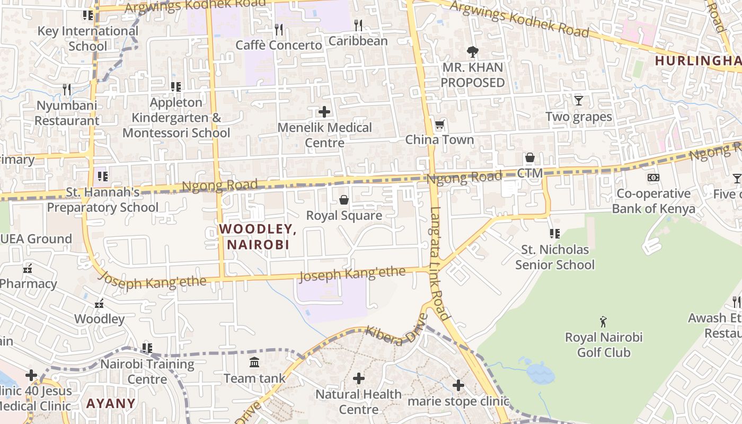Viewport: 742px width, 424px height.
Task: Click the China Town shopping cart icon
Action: click(439, 125)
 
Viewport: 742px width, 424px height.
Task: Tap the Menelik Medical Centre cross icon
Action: click(324, 112)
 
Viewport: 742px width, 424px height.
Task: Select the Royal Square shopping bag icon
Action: click(344, 200)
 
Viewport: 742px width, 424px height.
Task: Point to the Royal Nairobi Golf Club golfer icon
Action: click(603, 322)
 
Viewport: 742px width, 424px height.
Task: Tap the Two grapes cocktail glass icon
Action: click(578, 100)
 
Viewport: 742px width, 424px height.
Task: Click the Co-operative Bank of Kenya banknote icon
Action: click(653, 178)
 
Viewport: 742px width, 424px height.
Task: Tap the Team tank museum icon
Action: click(254, 363)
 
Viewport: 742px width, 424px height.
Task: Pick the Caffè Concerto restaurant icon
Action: click(279, 29)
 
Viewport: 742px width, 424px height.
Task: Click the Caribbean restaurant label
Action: click(358, 41)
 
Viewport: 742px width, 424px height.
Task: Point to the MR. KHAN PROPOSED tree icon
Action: click(472, 52)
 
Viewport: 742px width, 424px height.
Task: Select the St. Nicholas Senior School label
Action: click(555, 257)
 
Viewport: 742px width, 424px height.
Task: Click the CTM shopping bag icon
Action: click(529, 158)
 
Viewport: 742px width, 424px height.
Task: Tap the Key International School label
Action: click(87, 38)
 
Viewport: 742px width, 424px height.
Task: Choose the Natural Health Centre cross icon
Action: click(359, 378)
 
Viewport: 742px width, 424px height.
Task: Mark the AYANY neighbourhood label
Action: click(111, 403)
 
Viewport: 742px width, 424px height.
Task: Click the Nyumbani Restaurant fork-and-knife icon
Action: click(67, 90)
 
